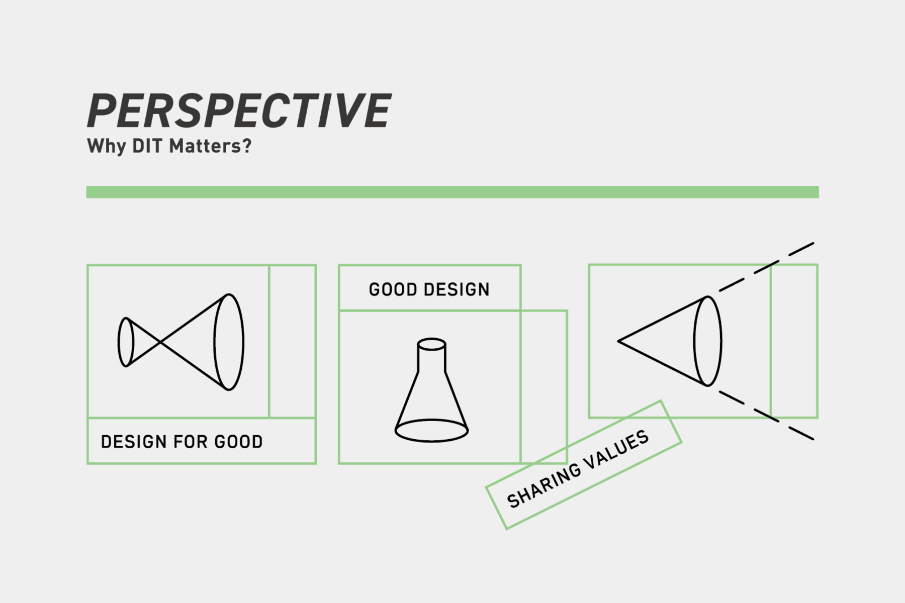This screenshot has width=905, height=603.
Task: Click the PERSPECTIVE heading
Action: (239, 111)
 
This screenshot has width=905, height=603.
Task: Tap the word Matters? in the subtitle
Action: (210, 146)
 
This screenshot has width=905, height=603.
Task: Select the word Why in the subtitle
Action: (107, 147)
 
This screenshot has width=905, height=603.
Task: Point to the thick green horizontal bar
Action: (452, 192)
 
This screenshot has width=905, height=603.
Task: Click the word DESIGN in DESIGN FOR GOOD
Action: (134, 442)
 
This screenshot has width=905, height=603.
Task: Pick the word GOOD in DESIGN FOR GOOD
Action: (238, 442)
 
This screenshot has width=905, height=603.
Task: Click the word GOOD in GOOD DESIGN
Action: (393, 289)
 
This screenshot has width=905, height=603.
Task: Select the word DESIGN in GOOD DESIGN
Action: (457, 289)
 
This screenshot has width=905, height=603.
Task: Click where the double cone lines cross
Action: (160, 342)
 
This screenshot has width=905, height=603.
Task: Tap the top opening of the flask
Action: (431, 344)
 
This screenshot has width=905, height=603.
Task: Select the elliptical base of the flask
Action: (431, 431)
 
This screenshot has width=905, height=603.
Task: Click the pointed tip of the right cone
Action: (618, 341)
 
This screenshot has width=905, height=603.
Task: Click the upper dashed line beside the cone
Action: (766, 267)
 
